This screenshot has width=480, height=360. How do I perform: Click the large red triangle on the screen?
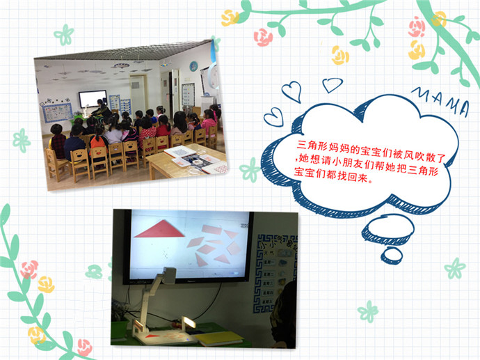coord(160,230)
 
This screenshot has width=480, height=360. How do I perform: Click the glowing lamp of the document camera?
coord(189,323)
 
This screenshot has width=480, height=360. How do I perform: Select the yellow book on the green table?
coord(218,338)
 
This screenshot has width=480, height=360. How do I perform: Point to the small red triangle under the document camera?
coord(152,336)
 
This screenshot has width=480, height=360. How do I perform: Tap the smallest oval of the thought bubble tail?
coord(392,256)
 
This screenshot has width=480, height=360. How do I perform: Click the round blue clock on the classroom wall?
coord(193,66)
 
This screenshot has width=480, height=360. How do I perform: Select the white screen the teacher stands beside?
coord(93,99)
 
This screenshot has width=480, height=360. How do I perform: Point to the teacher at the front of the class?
coord(102,110)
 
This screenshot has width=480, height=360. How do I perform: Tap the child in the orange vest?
coord(99,141)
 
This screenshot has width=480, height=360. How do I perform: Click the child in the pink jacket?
coord(209,123)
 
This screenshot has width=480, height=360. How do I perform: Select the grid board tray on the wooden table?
coord(181,152)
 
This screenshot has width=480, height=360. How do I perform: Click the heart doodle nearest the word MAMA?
coord(332,85)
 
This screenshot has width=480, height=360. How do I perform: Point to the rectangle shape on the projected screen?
coord(212,230)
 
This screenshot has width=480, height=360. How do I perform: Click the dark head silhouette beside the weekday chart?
coord(284,315)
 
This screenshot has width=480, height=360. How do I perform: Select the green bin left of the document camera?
coord(119,329)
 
